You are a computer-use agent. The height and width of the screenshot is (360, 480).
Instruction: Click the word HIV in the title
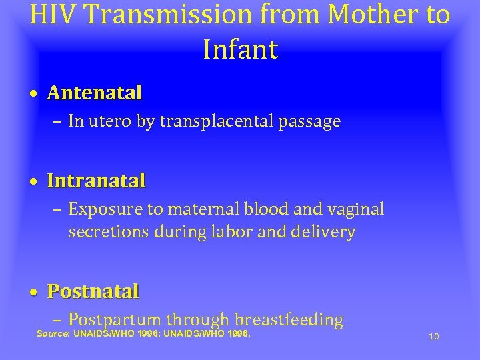pyautogui.click(x=53, y=15)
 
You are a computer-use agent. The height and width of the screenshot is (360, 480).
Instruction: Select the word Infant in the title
pyautogui.click(x=240, y=49)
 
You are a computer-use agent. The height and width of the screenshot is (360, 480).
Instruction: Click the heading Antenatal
pyautogui.click(x=95, y=93)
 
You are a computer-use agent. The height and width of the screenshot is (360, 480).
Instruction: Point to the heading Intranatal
pyautogui.click(x=96, y=181)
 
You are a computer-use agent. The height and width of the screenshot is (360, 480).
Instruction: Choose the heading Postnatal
pyautogui.click(x=93, y=291)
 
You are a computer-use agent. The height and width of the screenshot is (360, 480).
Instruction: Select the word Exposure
pyautogui.click(x=106, y=209)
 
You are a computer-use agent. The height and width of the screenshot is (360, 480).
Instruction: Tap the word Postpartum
pyautogui.click(x=115, y=320)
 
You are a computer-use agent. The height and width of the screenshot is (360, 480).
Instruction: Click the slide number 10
pyautogui.click(x=433, y=337)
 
